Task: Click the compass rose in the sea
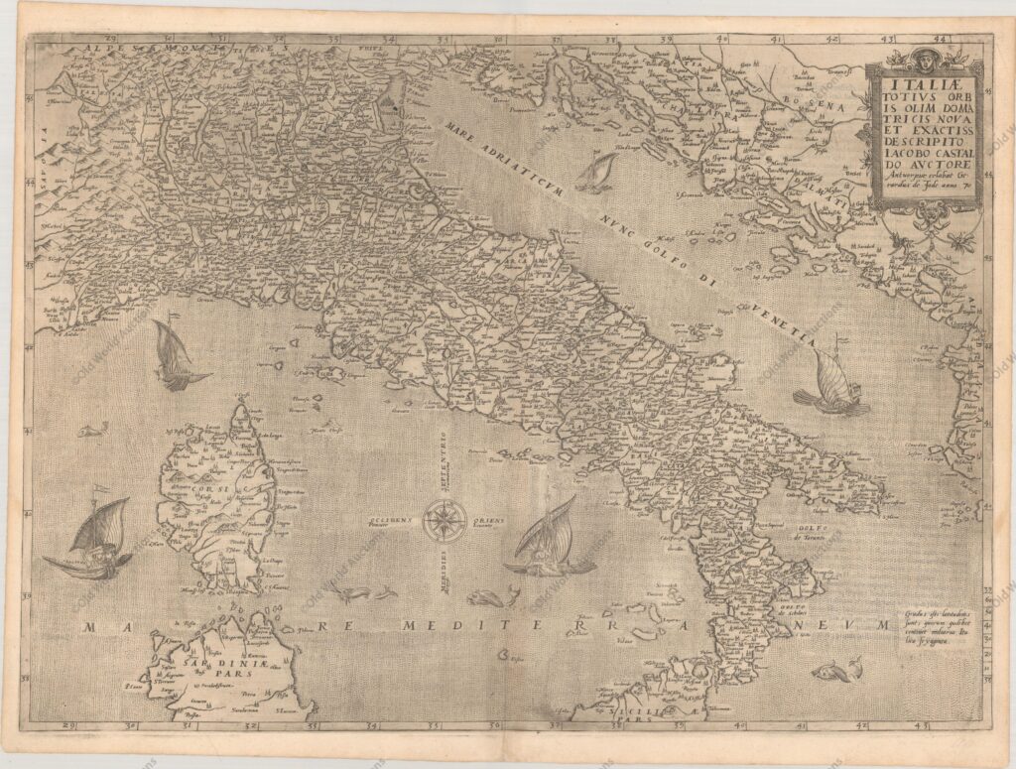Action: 445,520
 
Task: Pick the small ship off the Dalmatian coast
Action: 595,173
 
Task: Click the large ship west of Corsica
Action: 92,541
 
